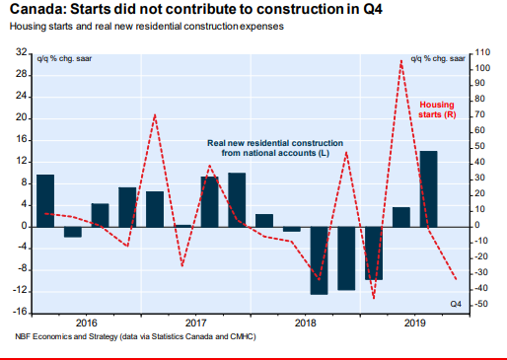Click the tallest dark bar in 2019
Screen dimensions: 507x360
(428, 189)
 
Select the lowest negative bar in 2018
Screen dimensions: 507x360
(319, 260)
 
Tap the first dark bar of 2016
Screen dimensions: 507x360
(45, 201)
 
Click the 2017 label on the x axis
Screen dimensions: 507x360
(195, 323)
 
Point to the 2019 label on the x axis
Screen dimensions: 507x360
(414, 323)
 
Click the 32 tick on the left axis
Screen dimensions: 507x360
(22, 52)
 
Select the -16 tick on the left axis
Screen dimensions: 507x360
(20, 312)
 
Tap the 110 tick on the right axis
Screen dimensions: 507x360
(482, 52)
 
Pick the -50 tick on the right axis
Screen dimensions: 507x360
(480, 304)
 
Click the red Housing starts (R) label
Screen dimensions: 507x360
(437, 109)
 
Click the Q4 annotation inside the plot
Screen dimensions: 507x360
(456, 304)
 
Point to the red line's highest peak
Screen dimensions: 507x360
(401, 60)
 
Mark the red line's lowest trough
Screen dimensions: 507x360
(374, 299)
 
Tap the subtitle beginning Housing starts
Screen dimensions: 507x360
(147, 27)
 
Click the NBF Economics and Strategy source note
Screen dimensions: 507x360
(135, 336)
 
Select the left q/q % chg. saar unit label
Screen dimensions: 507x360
(64, 59)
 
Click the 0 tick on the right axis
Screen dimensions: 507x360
(476, 226)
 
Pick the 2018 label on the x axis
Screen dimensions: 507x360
(305, 323)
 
